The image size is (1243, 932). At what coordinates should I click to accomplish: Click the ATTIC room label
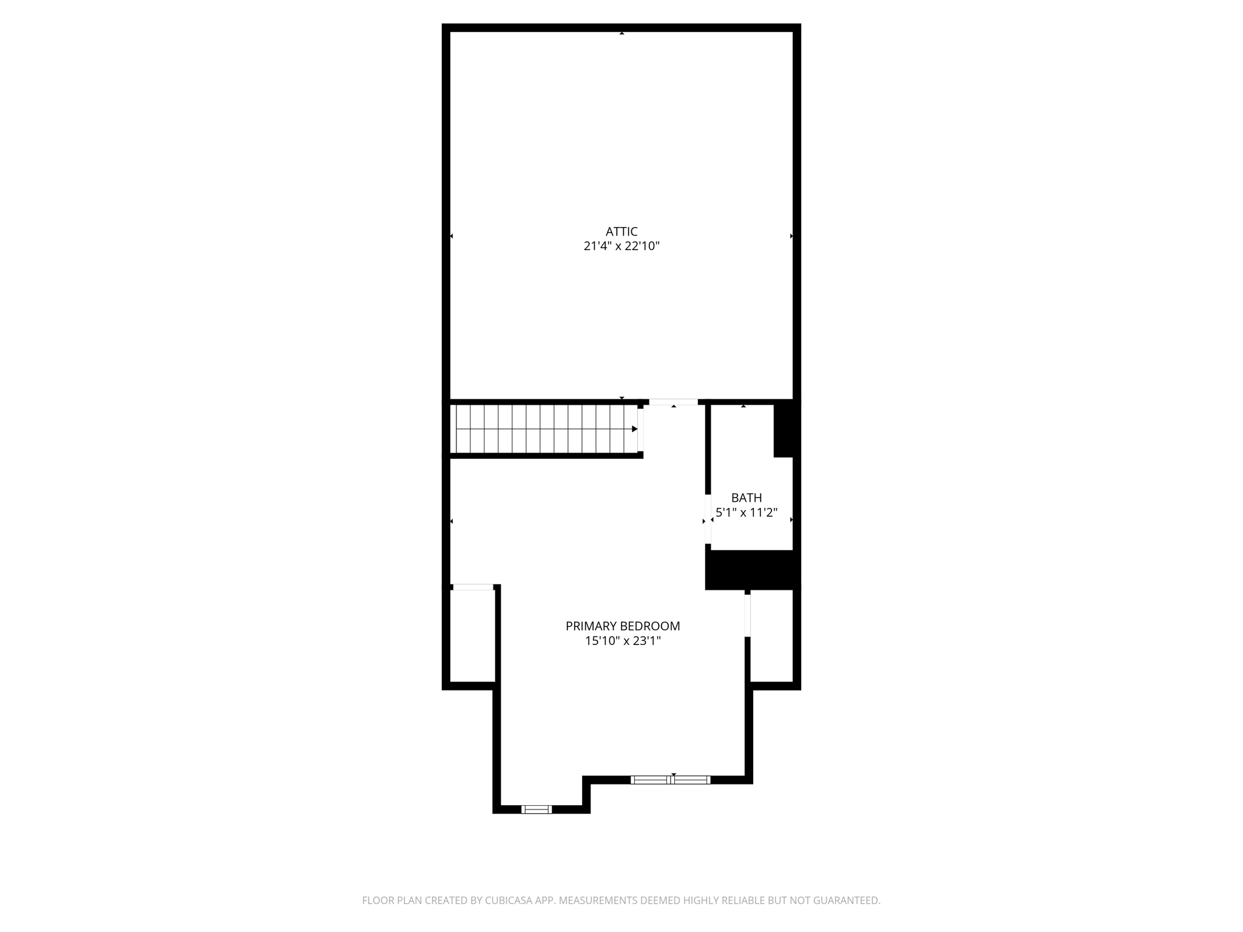pos(621,231)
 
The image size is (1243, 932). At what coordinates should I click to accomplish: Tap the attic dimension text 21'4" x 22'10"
pos(621,246)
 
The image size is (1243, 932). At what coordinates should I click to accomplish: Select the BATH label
pos(747,498)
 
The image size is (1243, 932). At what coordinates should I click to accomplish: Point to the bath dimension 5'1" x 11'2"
pos(747,513)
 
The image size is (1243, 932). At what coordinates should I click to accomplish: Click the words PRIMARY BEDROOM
pos(623,626)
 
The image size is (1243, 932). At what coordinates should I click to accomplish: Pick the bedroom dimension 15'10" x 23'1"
pos(623,641)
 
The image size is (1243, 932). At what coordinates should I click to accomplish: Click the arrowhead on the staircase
pos(634,429)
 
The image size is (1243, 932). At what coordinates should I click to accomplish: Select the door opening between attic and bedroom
pos(673,402)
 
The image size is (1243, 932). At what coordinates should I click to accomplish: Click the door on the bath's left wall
pos(708,519)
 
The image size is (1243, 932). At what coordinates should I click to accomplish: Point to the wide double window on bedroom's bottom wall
pos(671,780)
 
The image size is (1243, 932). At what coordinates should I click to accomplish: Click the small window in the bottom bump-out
pos(537,809)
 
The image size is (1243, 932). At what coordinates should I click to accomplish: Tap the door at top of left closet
pos(473,587)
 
